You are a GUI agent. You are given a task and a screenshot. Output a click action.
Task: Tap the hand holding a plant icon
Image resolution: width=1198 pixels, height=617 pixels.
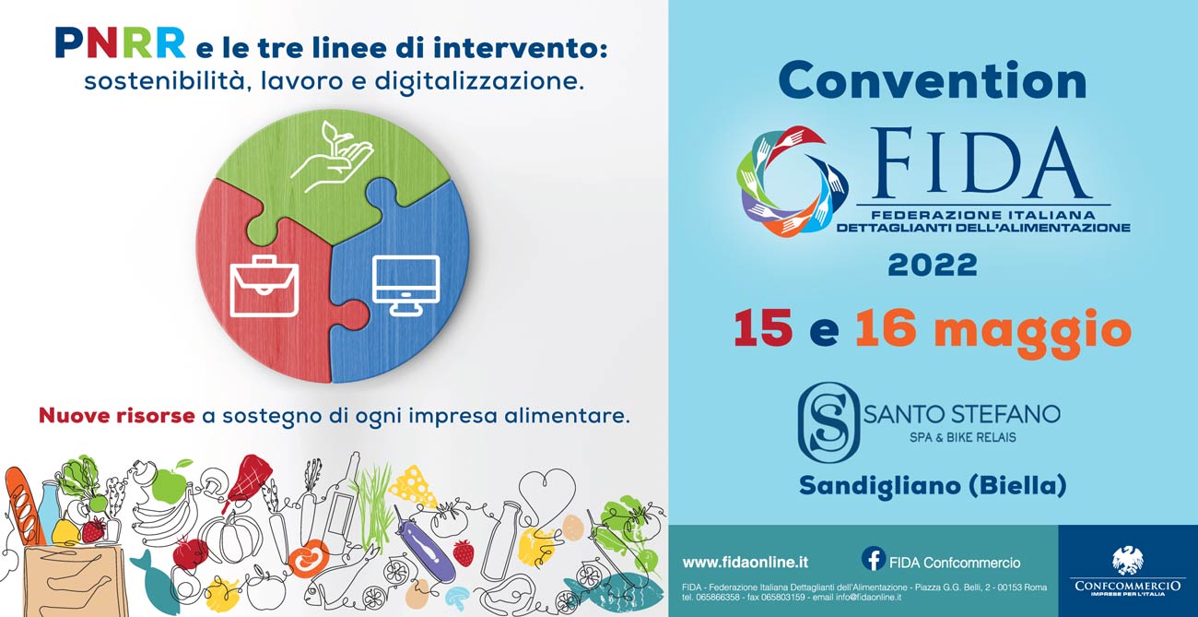coord(332,157)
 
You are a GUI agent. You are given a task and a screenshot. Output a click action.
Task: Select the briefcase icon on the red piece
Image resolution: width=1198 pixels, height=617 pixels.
coord(264,286)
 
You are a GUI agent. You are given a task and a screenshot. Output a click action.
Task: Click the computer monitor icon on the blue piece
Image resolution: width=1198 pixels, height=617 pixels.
coord(405,285)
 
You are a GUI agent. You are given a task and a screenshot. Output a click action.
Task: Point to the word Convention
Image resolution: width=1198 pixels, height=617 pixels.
coord(933,81)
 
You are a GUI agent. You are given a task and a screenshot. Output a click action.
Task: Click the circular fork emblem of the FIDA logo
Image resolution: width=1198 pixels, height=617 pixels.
coord(792,181)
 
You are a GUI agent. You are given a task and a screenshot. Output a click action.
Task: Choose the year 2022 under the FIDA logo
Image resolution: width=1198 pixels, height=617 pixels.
coord(933,266)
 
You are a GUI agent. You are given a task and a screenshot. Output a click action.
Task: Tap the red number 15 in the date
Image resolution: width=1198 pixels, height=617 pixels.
coord(763,328)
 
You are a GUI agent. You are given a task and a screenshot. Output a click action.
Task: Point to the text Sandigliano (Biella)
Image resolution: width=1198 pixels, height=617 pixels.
coord(933,486)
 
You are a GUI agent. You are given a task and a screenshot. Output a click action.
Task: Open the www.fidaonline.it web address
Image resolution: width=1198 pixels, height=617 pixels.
coord(746,563)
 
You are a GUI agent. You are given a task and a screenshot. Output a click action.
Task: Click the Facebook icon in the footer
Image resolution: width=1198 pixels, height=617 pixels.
coord(874,559)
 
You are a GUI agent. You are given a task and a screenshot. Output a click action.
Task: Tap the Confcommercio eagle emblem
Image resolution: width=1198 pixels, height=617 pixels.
coord(1127,561)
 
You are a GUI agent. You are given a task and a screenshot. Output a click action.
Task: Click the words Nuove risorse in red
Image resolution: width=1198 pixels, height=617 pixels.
coord(117,416)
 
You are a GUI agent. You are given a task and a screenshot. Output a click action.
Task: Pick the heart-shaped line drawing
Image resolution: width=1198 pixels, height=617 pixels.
coord(546,492)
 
